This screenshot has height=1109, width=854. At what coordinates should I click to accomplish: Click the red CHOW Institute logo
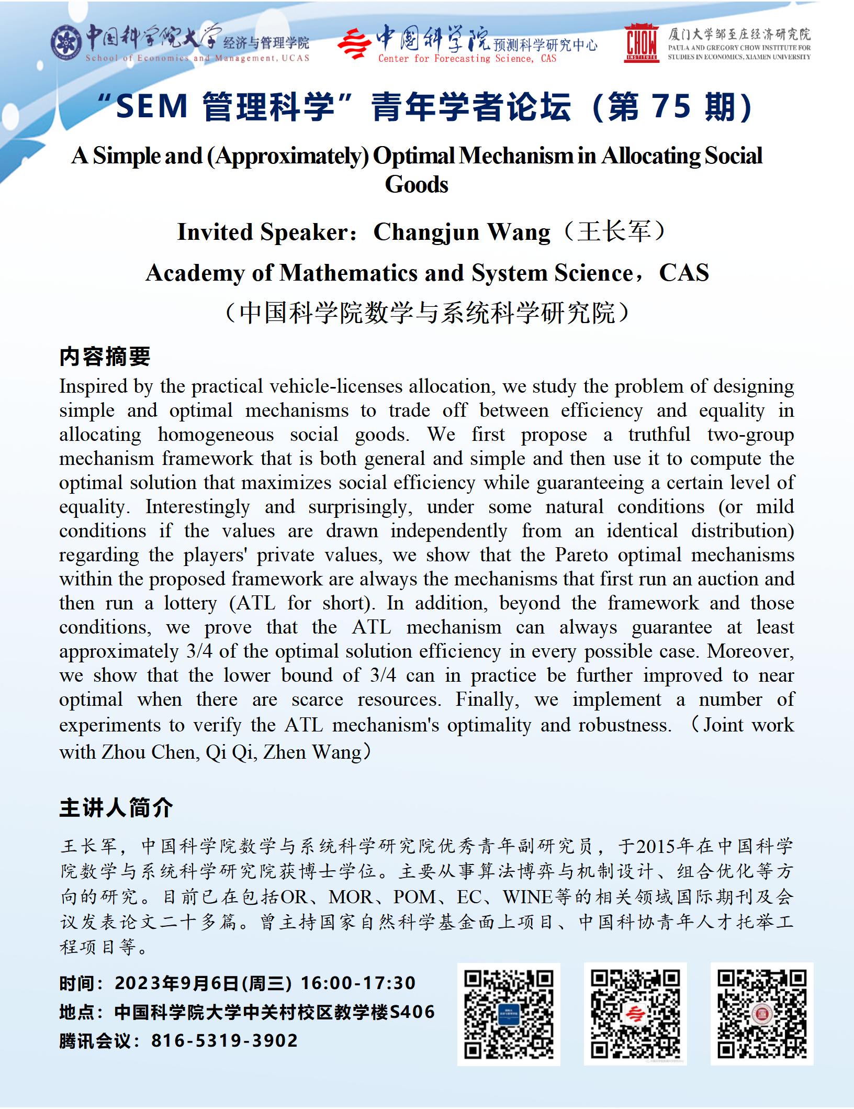[641, 43]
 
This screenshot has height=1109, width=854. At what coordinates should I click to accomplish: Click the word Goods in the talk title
[417, 184]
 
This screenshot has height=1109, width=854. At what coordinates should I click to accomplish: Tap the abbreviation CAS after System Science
[684, 273]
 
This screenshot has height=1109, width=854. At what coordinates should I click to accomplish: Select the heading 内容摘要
[105, 357]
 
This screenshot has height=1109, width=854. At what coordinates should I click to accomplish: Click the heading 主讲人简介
[116, 808]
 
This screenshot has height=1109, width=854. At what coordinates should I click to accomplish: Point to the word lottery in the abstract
[190, 603]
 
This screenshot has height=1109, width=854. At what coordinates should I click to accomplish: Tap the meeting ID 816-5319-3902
[224, 1040]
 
